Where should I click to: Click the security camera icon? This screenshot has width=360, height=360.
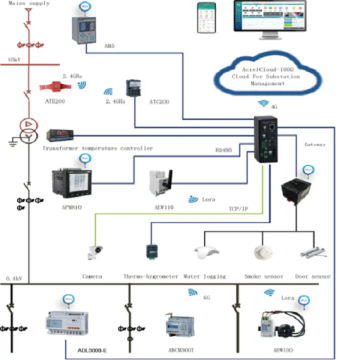(98, 246)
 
